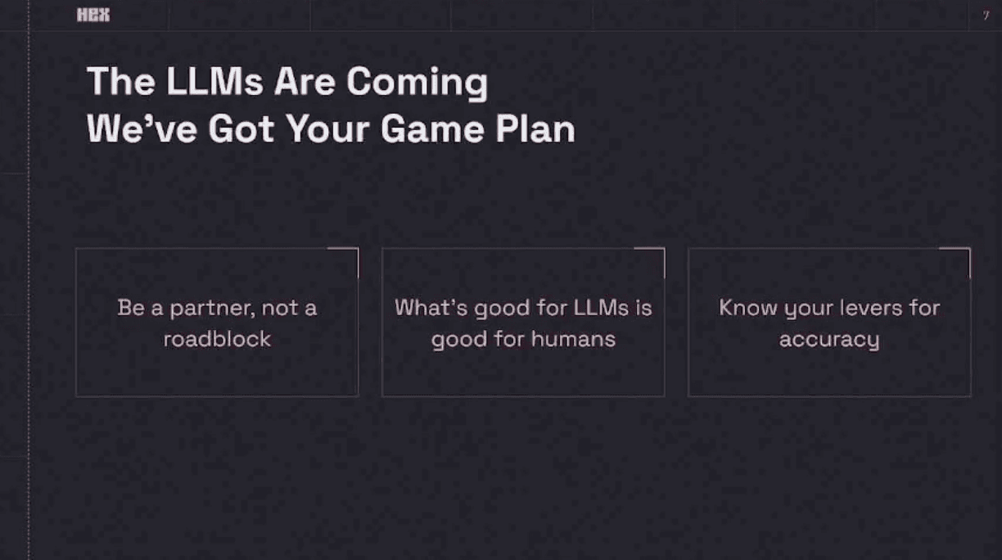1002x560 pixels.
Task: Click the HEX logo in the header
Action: pyautogui.click(x=93, y=15)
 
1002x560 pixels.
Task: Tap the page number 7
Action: pyautogui.click(x=986, y=16)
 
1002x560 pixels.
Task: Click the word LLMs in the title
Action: pyautogui.click(x=214, y=81)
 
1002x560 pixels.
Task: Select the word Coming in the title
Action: pyautogui.click(x=417, y=84)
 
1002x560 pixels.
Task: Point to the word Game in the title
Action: pyautogui.click(x=432, y=129)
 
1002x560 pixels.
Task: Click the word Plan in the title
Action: pyautogui.click(x=535, y=129)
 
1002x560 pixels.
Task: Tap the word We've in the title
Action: pyautogui.click(x=142, y=129)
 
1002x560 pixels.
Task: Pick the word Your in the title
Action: pyautogui.click(x=328, y=129)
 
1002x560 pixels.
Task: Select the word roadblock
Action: pyautogui.click(x=217, y=339)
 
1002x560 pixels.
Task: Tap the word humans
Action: pyautogui.click(x=574, y=339)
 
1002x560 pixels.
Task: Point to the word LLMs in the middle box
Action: pyautogui.click(x=601, y=308)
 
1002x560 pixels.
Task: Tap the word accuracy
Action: pyautogui.click(x=829, y=341)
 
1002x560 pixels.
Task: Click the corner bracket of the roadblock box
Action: pyautogui.click(x=358, y=249)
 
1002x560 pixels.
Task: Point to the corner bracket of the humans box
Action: pyautogui.click(x=664, y=249)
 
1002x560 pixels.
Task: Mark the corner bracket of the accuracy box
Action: pyautogui.click(x=969, y=249)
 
